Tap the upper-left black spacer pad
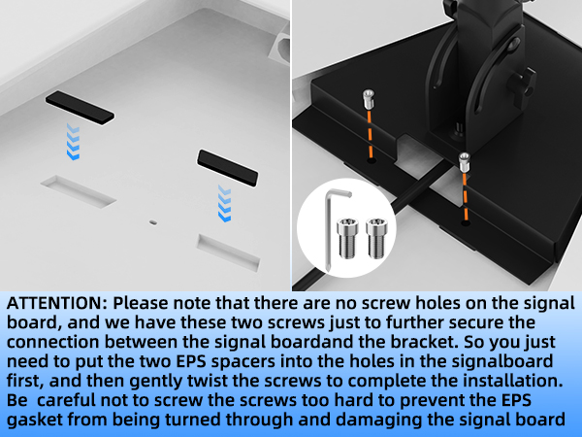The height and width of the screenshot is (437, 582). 80,108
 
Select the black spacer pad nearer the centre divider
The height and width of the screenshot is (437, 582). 227,168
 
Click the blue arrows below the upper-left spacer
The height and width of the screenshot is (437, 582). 73,142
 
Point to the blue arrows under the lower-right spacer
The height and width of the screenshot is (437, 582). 225,204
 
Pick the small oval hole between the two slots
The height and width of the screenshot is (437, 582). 152,222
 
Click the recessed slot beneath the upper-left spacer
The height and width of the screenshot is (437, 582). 79,191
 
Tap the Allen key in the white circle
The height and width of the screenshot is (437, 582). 334,230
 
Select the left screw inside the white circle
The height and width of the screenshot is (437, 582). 348,238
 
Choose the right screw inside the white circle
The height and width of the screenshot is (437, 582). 376,238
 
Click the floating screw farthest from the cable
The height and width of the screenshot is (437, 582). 368,99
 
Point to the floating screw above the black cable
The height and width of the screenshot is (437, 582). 465,162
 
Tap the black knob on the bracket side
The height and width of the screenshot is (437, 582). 523,83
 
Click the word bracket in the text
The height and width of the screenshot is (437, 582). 420,342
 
